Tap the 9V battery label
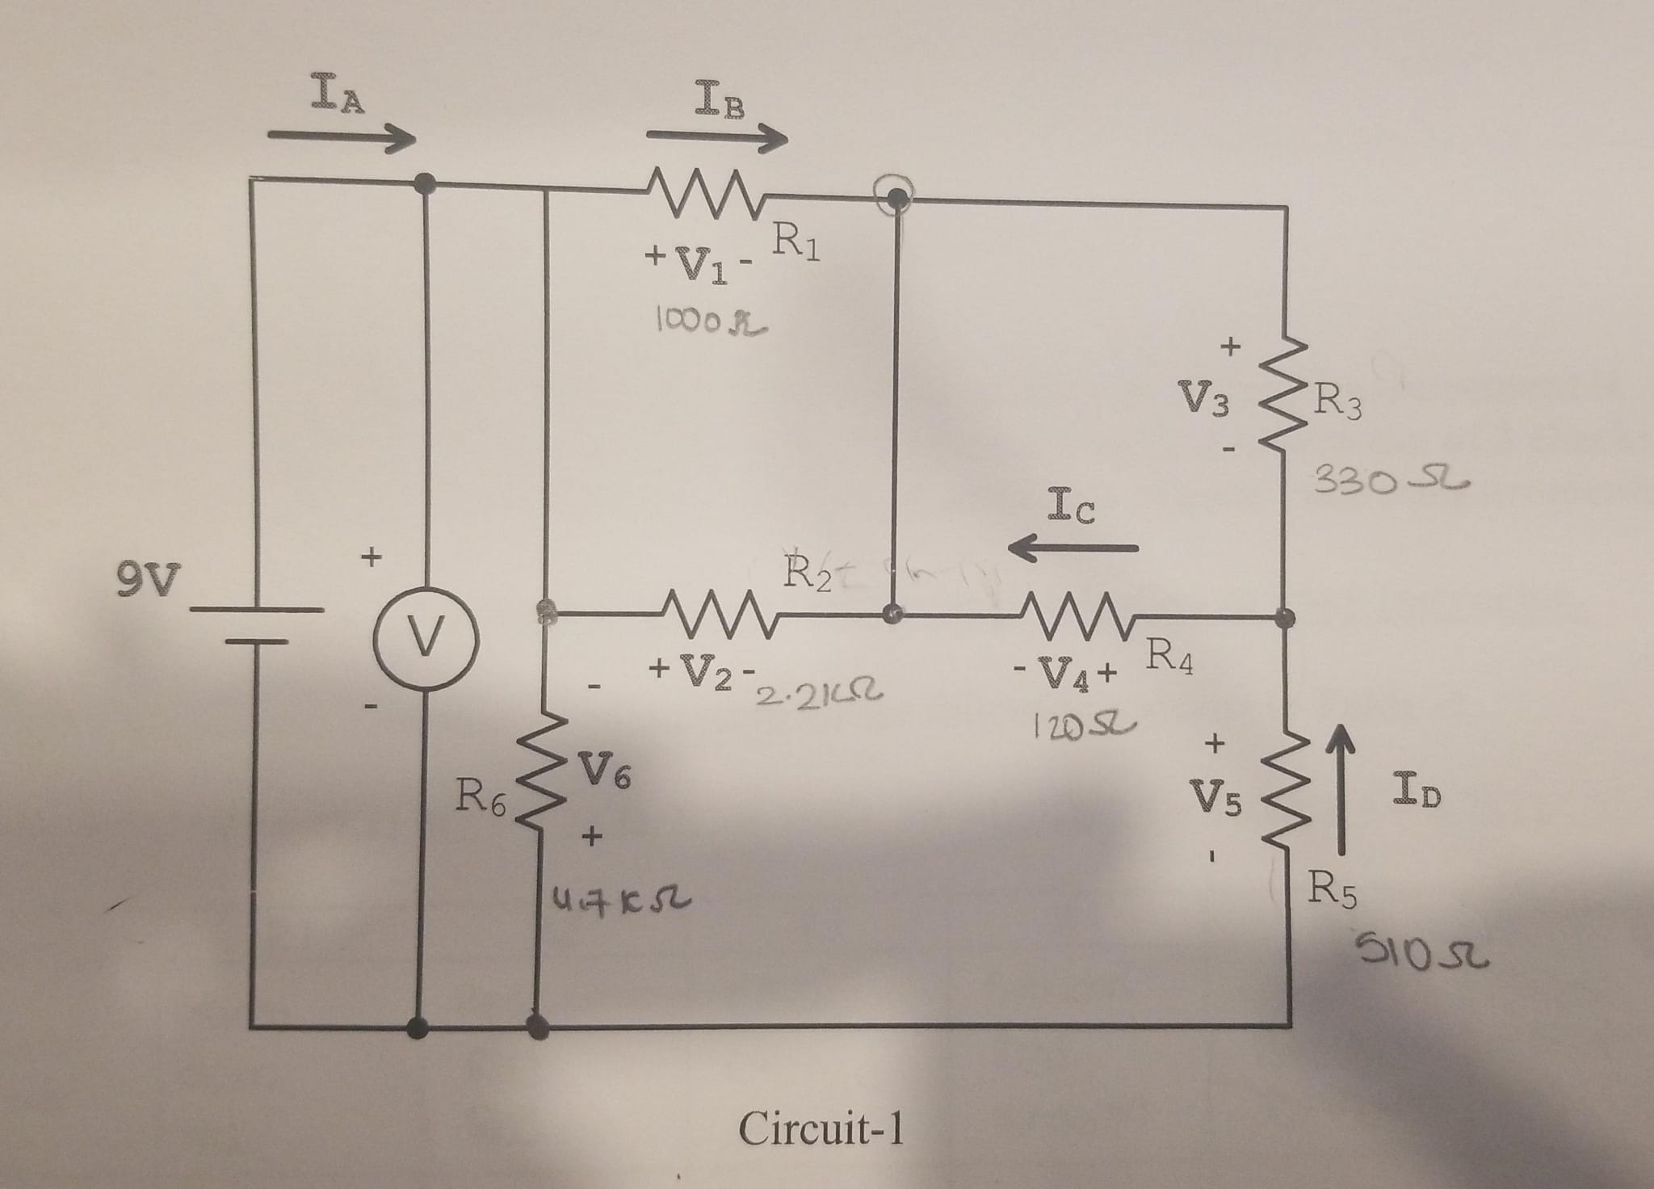coord(149,578)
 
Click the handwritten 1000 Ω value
coord(710,323)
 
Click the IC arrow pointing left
coord(1073,548)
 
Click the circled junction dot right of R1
coord(895,196)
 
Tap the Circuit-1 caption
coord(821,1128)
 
